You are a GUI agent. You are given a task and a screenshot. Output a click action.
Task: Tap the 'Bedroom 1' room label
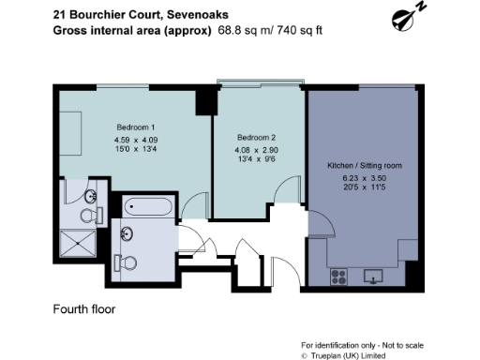(x=136, y=127)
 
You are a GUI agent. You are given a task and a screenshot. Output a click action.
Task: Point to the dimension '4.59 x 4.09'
(x=136, y=142)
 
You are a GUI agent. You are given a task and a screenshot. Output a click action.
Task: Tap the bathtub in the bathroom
(x=146, y=207)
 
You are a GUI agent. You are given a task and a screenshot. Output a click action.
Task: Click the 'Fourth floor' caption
(x=83, y=308)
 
